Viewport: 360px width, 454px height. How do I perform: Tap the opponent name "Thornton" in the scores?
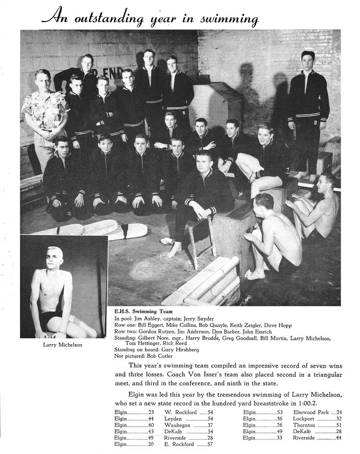click(305, 425)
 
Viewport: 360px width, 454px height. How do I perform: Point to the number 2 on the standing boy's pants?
click(315, 122)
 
